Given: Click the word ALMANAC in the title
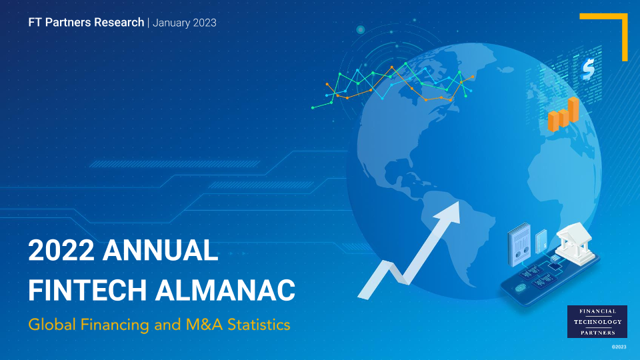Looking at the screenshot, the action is [225, 290].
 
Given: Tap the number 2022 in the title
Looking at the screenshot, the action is [61, 250].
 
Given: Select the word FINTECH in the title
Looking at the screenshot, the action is [87, 290].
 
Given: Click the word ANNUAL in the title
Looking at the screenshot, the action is [160, 250].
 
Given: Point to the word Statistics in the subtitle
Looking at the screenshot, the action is [259, 325].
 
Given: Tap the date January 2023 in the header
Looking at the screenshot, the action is [185, 23].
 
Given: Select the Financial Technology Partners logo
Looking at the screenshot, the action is [597, 321].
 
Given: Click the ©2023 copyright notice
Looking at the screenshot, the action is [619, 347].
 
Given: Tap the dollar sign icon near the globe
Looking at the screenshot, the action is [588, 69].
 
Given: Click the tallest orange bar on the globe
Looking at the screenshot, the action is [573, 109].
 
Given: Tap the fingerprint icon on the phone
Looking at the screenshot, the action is [521, 288].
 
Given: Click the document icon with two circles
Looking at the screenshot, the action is [519, 245].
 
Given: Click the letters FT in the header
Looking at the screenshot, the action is [35, 22].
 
